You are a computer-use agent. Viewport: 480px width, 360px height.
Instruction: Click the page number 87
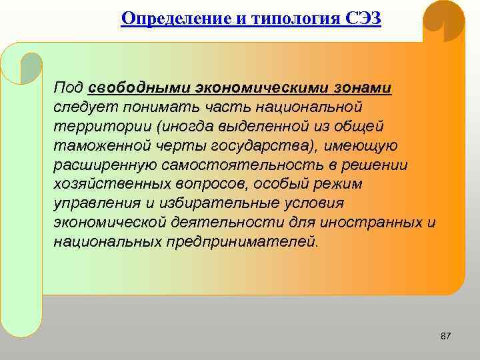[x=446, y=337]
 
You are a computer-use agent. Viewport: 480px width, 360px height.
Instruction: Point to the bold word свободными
[x=140, y=89]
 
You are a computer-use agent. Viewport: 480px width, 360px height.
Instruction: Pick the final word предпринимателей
[x=245, y=241]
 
